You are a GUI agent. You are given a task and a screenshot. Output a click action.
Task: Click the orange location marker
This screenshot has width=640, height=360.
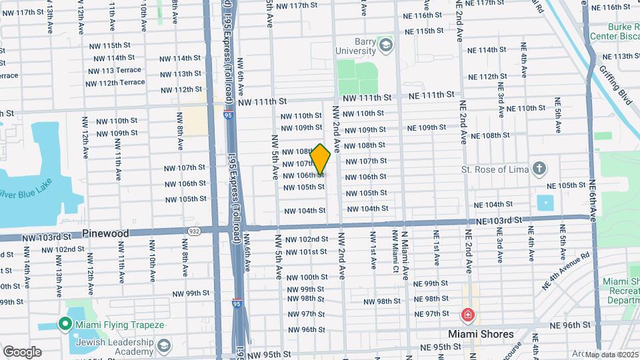[321, 160]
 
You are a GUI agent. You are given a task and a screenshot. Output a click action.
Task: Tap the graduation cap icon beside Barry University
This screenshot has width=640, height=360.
[385, 45]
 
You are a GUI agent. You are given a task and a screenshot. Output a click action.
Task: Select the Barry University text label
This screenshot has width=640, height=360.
[355, 45]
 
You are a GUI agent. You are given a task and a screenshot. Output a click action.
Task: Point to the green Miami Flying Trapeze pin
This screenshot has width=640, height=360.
[65, 325]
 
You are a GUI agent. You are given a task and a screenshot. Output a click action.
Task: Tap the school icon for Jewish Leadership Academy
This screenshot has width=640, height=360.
[163, 347]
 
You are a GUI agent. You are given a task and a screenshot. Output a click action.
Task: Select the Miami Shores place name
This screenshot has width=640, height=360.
[481, 334]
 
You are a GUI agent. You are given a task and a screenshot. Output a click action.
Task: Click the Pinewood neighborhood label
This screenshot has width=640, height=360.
[105, 234]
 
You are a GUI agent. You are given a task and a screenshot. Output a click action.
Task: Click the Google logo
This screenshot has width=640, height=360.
[22, 352]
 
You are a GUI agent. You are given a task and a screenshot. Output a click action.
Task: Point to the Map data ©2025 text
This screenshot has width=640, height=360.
[611, 355]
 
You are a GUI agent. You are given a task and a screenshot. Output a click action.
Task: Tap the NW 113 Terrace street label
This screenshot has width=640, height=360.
[114, 70]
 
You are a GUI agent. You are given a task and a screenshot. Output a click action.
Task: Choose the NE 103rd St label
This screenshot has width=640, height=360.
[498, 221]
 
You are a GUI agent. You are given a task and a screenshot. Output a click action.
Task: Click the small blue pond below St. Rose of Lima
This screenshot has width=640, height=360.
[545, 202]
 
